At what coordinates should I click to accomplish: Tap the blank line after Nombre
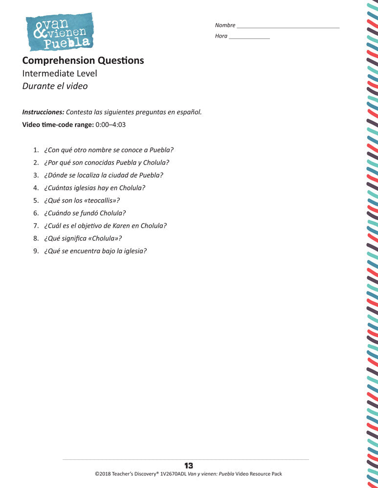pos(288,26)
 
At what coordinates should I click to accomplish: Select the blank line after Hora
pos(249,37)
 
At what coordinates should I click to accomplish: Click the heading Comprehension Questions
pos(83,61)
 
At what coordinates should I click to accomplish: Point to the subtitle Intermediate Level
pos(60,74)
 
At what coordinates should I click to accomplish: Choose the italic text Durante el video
pos(55,86)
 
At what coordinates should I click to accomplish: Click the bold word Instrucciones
pos(43,112)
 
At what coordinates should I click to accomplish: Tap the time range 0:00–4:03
pos(111,124)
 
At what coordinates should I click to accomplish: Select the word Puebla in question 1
pos(161,150)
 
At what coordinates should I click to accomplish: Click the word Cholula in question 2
pos(156,163)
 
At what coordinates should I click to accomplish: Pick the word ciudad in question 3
pos(119,175)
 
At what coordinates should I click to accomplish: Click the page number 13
pos(189,466)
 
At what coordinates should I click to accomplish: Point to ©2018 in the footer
pos(103,474)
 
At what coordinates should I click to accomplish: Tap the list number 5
pos(36,201)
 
